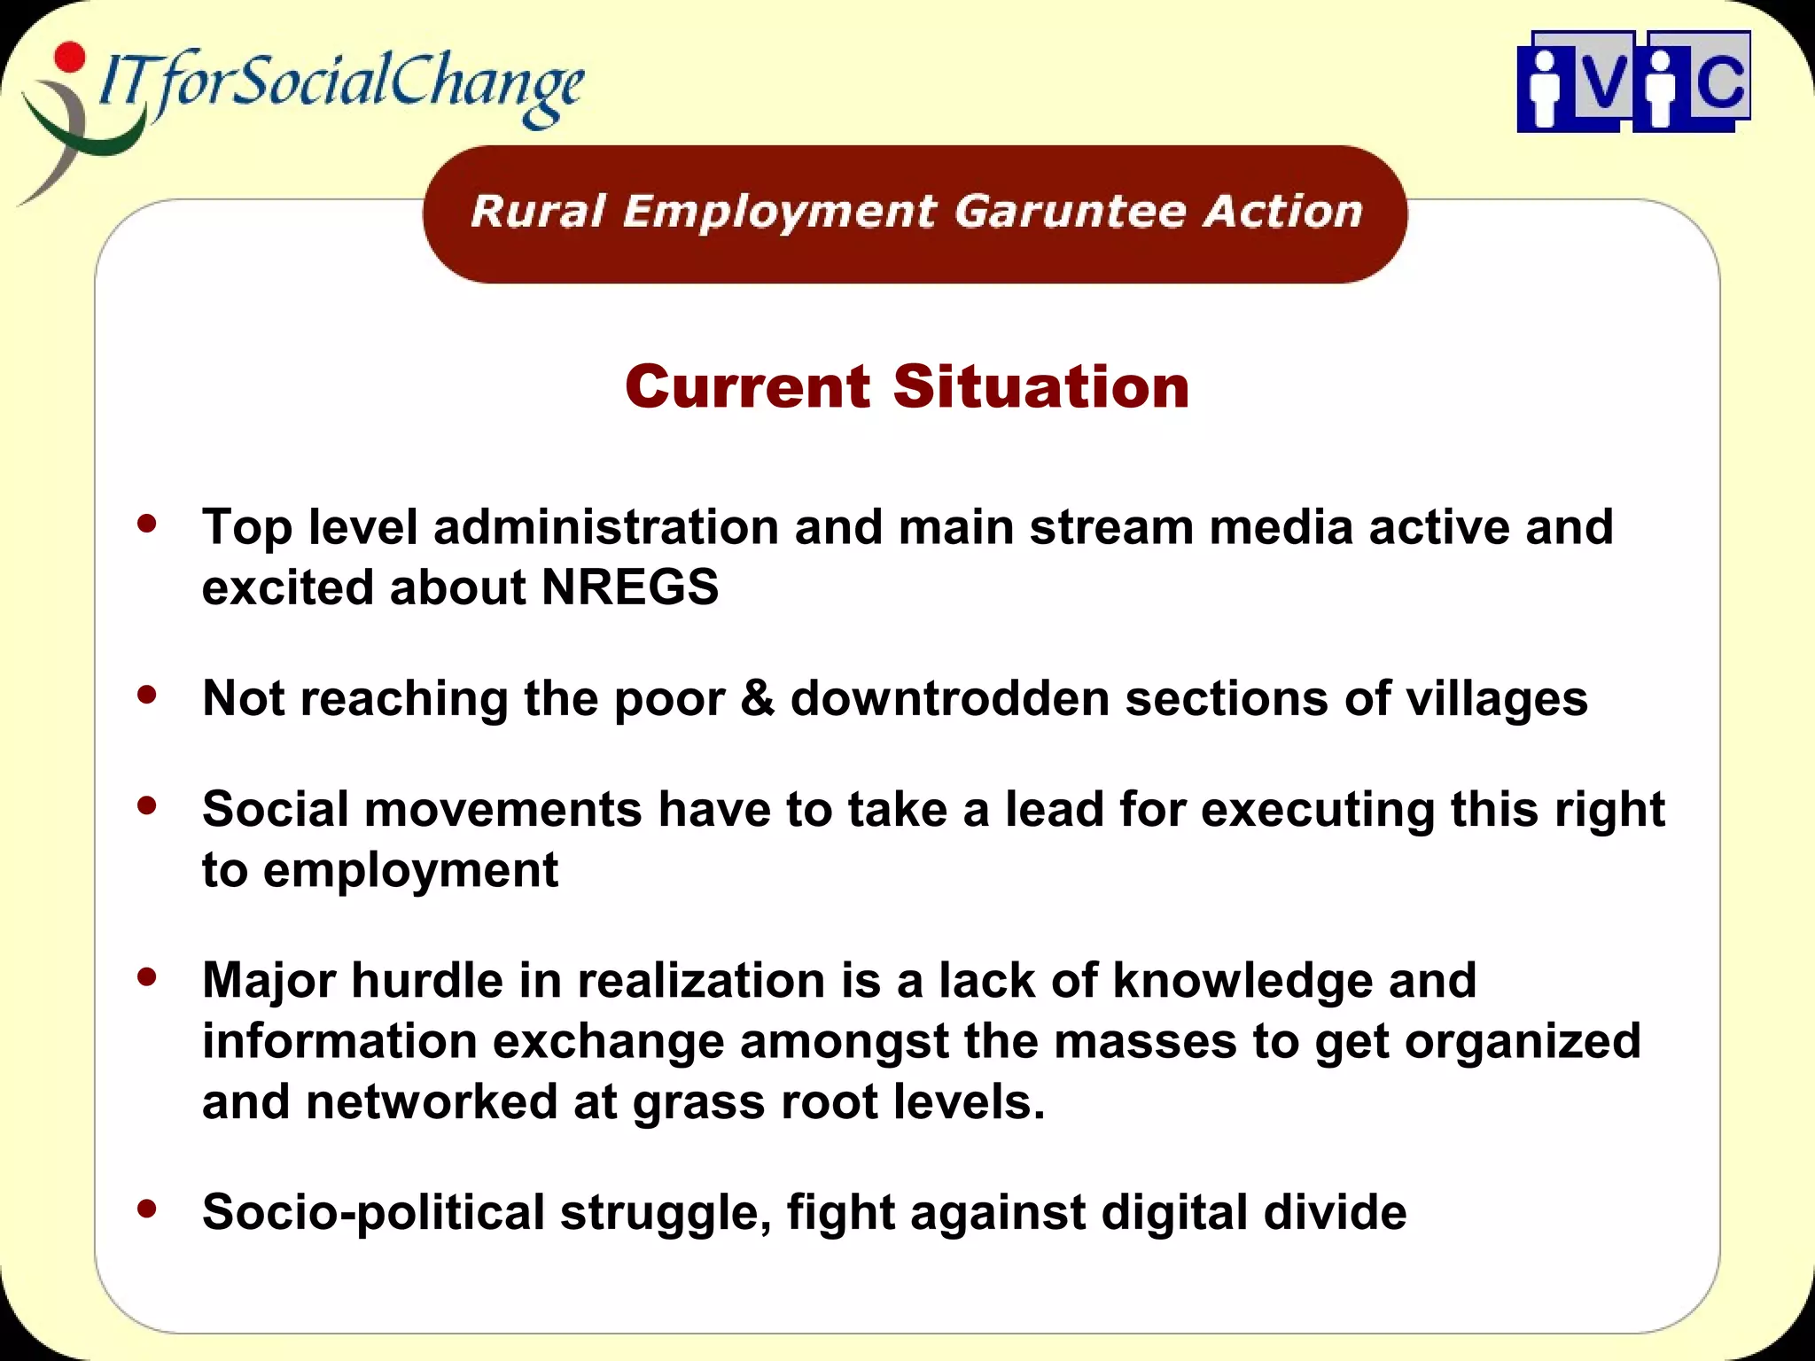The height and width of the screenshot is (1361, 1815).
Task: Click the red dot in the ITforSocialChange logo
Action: [x=69, y=58]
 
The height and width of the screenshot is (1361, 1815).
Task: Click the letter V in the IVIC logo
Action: [x=1603, y=82]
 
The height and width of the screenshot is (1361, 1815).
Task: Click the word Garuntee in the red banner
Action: [x=1071, y=213]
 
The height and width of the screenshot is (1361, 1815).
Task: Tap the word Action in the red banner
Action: [x=1282, y=213]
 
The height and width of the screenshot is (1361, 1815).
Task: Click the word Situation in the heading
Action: [x=1040, y=387]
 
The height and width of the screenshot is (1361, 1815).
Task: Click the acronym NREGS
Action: [x=630, y=587]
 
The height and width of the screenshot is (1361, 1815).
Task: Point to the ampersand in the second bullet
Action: [x=758, y=698]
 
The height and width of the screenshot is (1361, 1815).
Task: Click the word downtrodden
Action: [x=950, y=698]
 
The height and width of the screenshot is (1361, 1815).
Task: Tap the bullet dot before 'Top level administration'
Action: [x=147, y=524]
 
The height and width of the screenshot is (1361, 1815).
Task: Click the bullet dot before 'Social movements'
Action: [x=147, y=805]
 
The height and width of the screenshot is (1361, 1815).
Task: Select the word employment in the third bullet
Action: [x=410, y=871]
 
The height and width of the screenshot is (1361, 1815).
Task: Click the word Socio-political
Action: [x=373, y=1212]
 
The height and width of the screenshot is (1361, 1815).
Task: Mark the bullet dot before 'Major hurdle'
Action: [x=147, y=977]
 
